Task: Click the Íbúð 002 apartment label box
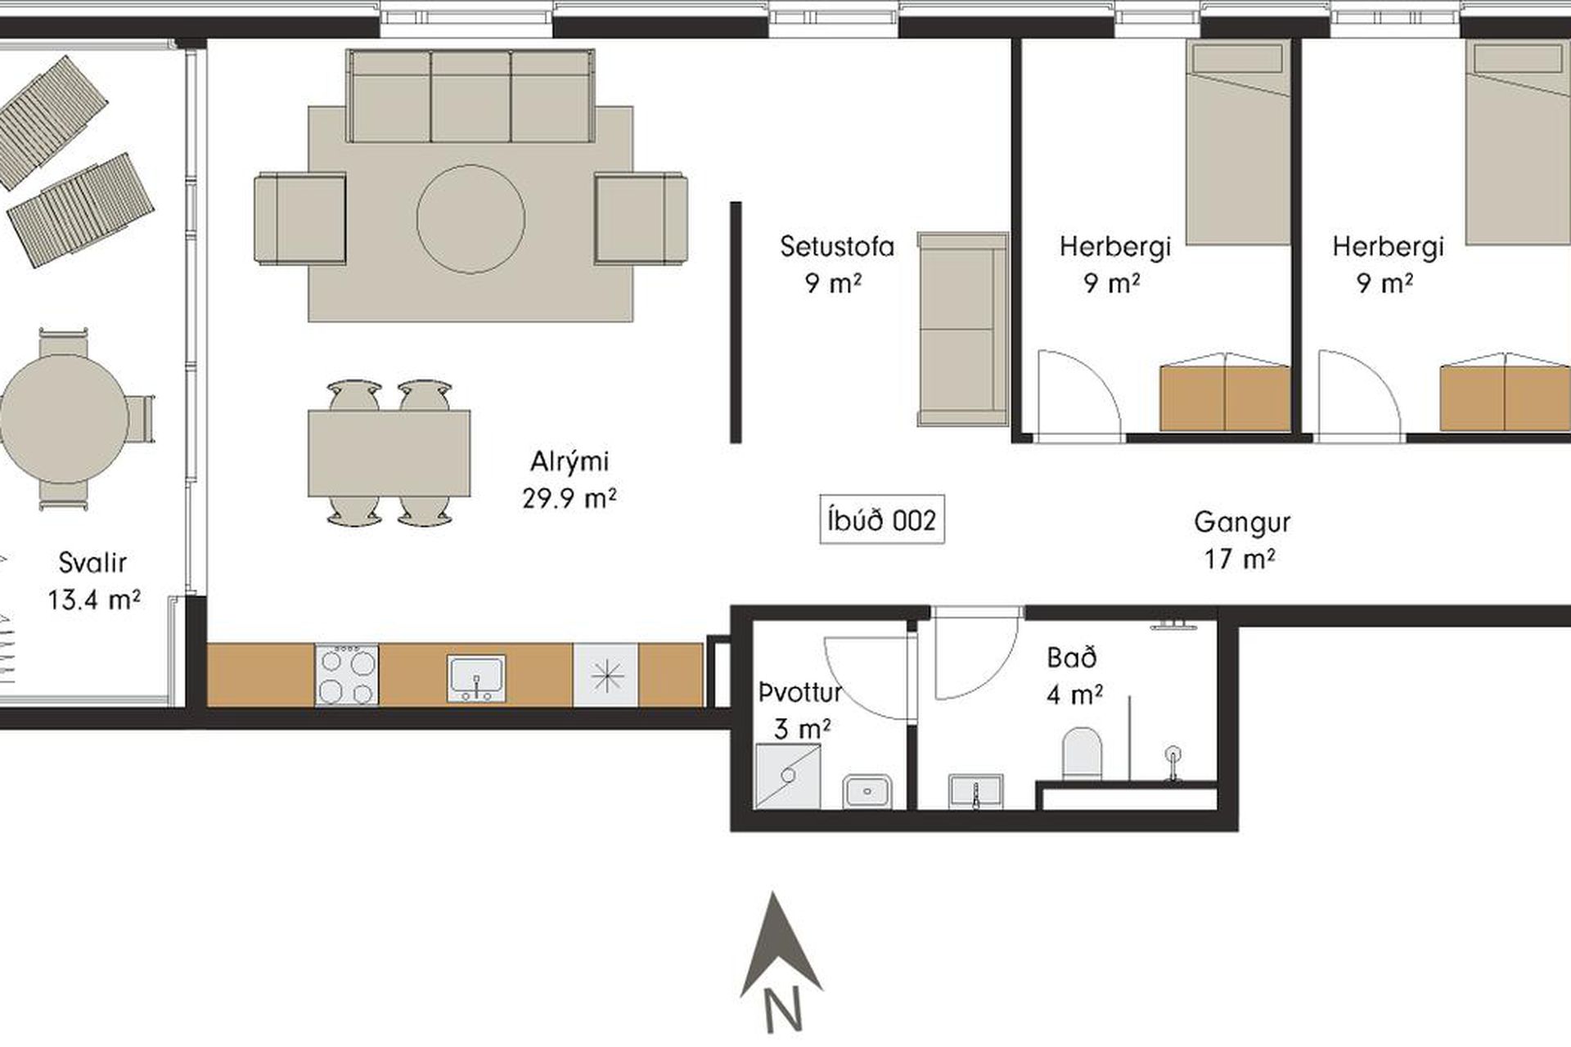coord(882,519)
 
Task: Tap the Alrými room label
coord(569,461)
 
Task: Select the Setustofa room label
coord(837,246)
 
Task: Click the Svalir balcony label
coord(92,563)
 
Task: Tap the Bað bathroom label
coord(1072,658)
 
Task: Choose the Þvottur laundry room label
coord(800,694)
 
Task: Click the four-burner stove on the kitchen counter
coord(347,675)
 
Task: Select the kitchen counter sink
coord(476,678)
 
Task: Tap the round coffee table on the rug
coord(470,218)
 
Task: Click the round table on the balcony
coord(64,419)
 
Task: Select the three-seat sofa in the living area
coord(470,96)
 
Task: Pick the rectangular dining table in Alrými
coord(389,453)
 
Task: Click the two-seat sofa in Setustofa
coord(963,329)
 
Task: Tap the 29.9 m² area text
coord(569,497)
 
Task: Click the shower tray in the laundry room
coord(787,775)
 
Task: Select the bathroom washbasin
coord(976,792)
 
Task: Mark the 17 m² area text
coord(1240,559)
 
